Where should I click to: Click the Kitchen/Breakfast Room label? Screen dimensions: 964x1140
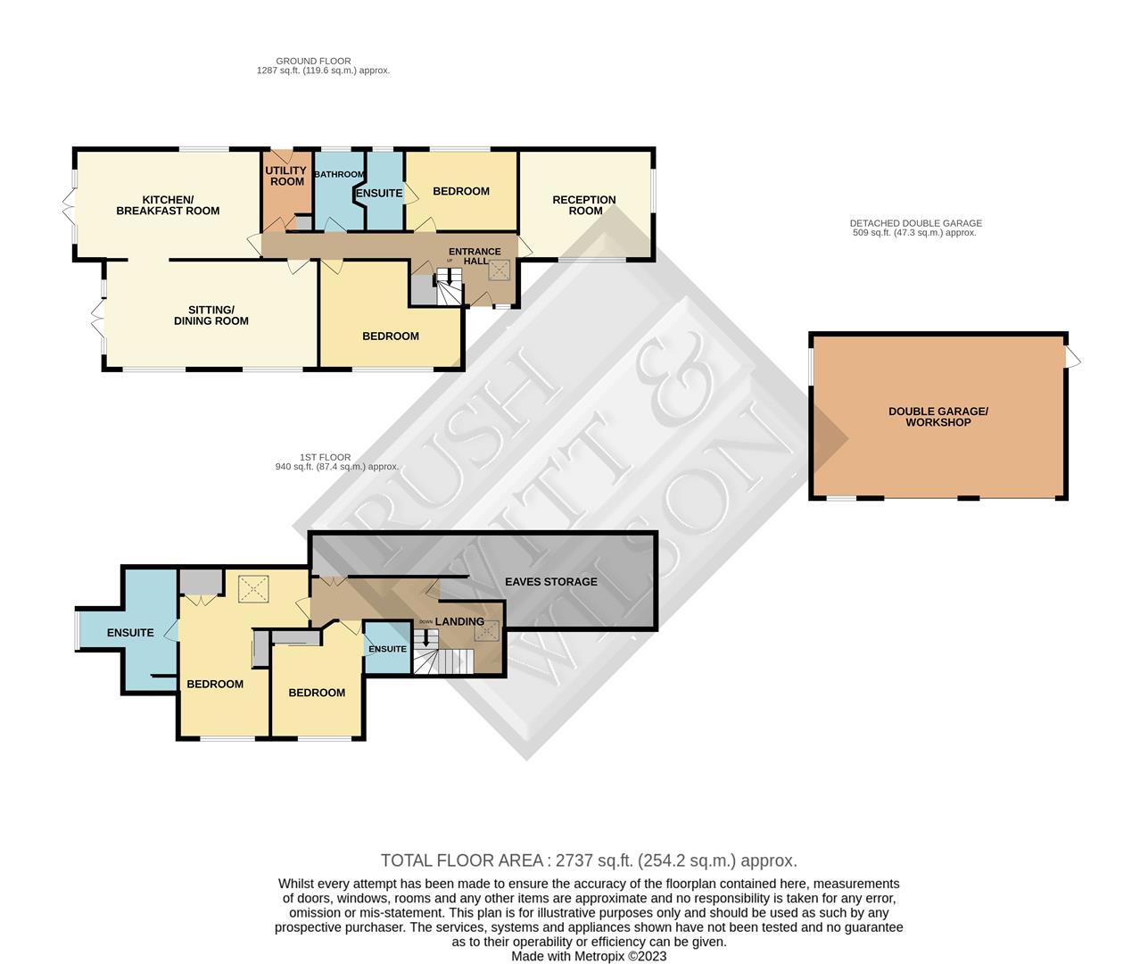click(x=168, y=205)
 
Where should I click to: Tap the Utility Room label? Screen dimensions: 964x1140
click(x=286, y=176)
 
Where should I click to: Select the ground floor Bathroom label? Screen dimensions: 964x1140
click(x=339, y=175)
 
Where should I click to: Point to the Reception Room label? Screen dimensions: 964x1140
click(x=584, y=205)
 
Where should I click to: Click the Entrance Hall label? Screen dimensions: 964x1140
click(x=475, y=256)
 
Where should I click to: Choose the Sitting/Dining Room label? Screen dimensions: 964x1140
click(x=211, y=315)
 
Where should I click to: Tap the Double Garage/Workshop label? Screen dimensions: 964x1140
click(x=938, y=417)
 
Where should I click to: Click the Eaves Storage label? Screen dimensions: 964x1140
click(x=551, y=582)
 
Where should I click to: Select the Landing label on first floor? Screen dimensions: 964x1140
click(x=459, y=621)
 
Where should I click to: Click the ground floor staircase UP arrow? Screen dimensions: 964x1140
click(x=450, y=278)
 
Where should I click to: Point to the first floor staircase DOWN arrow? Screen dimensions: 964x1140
click(x=425, y=637)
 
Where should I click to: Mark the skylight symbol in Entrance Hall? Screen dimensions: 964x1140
click(x=499, y=270)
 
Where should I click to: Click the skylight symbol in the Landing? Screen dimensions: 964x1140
click(x=487, y=631)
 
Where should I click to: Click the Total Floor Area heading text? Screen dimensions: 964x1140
click(x=589, y=860)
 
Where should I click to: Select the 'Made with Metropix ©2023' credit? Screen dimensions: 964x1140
click(x=589, y=956)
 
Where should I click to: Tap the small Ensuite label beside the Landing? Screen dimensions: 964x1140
click(x=387, y=649)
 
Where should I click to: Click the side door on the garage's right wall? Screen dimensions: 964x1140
click(x=1073, y=359)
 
